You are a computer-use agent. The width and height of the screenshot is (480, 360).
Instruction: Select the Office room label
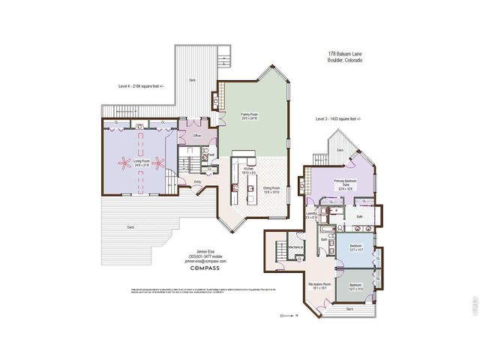197,136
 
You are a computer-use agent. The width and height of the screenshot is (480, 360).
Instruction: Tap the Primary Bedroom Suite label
344,184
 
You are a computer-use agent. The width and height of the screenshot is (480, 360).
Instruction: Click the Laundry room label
312,215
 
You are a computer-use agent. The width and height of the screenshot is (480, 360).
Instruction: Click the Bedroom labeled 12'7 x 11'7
355,248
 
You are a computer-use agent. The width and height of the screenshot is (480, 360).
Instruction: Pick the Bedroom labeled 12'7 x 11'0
355,286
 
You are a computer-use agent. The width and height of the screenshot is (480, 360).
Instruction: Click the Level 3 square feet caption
337,119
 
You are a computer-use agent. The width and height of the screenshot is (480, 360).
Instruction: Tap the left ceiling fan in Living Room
120,160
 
